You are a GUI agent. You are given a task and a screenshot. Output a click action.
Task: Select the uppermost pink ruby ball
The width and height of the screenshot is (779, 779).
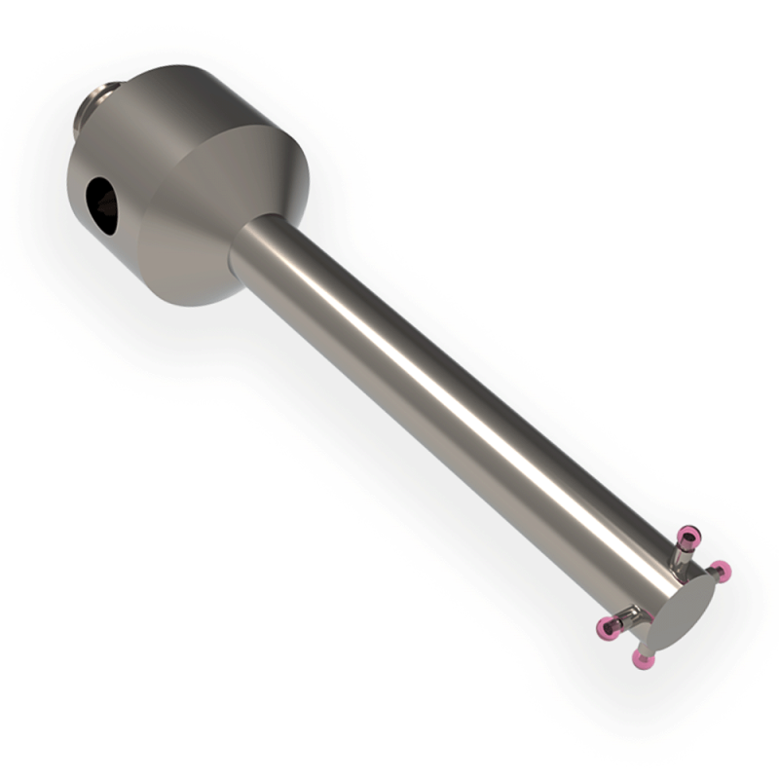coord(689,534)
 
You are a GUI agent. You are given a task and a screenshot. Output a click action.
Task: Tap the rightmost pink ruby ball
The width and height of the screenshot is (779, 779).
coord(720,570)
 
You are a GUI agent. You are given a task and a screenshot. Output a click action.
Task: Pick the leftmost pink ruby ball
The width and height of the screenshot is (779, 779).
coord(610,627)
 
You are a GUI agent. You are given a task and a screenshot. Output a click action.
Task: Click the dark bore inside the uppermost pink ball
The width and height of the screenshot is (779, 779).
coord(689,532)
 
